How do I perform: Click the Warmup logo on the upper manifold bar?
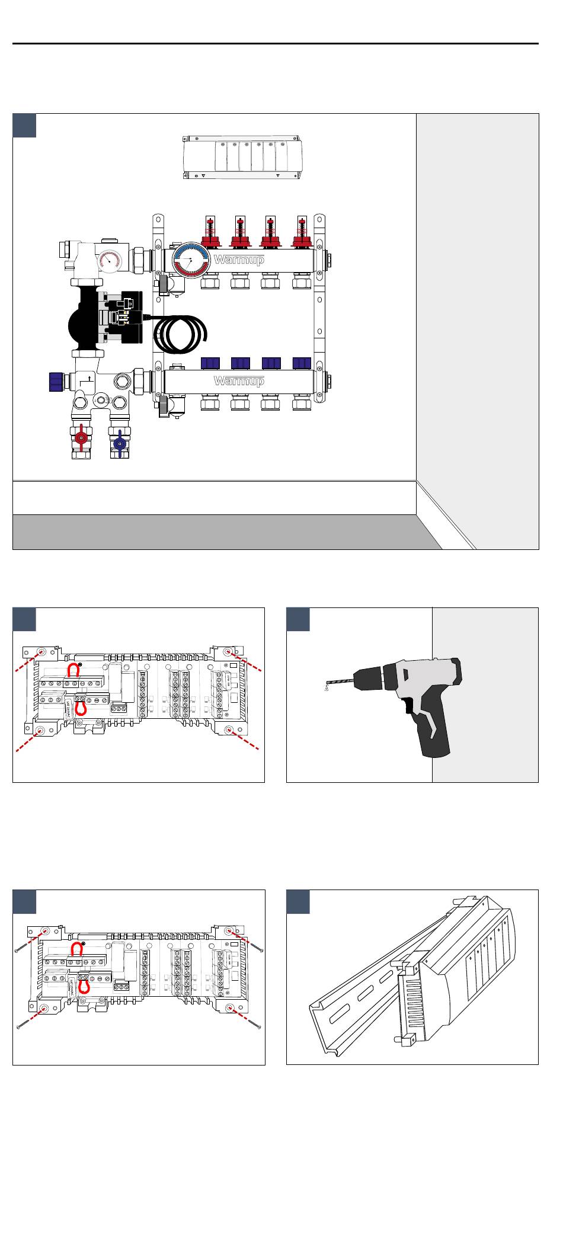click(238, 260)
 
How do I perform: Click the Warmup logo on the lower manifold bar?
click(238, 380)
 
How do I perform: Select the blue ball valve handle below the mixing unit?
click(120, 443)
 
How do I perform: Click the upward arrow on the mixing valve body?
click(89, 379)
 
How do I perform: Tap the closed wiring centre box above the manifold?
click(242, 158)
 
